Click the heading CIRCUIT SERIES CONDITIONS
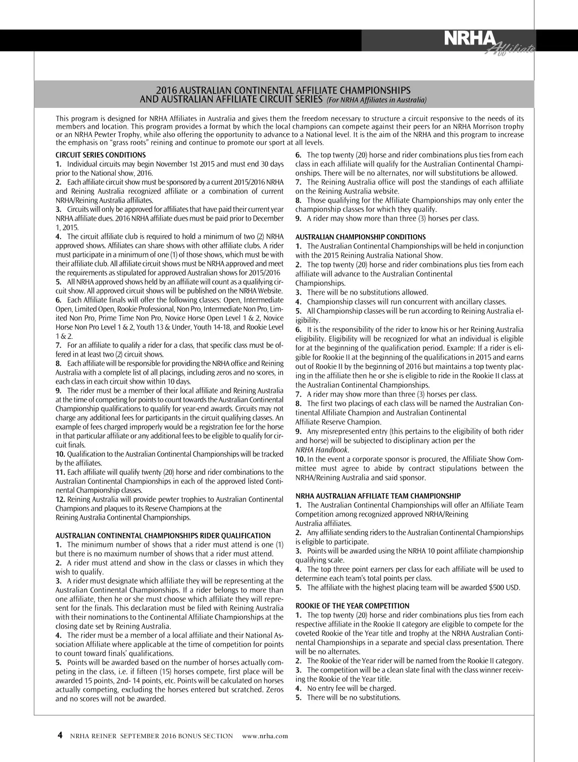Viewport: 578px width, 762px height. [100, 155]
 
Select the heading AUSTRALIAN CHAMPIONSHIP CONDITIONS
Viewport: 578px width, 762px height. [361, 237]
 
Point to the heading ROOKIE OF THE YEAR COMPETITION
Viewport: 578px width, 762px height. [352, 606]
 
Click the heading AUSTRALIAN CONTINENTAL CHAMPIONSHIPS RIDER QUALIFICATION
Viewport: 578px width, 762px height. [163, 536]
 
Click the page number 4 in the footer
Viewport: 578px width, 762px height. [60, 735]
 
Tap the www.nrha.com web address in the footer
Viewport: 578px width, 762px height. [265, 736]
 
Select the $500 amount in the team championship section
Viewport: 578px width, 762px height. [497, 588]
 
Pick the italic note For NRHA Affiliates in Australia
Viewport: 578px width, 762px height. [376, 100]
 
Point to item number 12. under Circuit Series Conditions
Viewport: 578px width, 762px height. [60, 500]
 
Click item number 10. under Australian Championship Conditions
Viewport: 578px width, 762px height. [300, 459]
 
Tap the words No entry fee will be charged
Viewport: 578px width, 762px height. [351, 688]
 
